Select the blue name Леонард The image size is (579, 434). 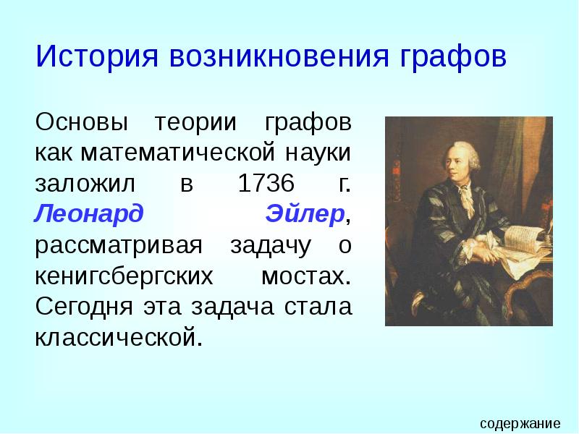point(89,214)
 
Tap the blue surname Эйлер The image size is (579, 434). point(304,214)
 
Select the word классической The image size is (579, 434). point(115,337)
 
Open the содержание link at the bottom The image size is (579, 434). point(520,423)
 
